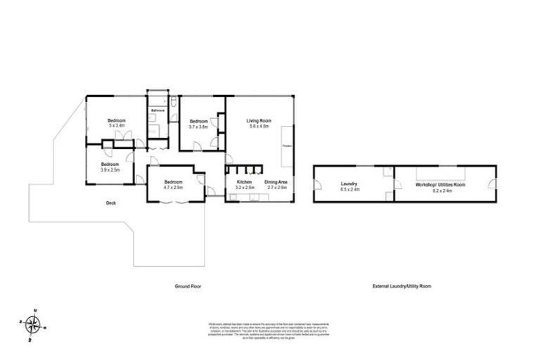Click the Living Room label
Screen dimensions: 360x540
pyautogui.click(x=258, y=121)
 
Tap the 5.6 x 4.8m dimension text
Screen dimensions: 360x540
pyautogui.click(x=258, y=127)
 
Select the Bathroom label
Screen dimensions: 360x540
pyautogui.click(x=158, y=110)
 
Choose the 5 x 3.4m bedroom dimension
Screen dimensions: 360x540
pyautogui.click(x=117, y=127)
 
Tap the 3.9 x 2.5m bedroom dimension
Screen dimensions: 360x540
pyautogui.click(x=110, y=169)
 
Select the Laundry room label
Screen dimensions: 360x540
pyautogui.click(x=349, y=184)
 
